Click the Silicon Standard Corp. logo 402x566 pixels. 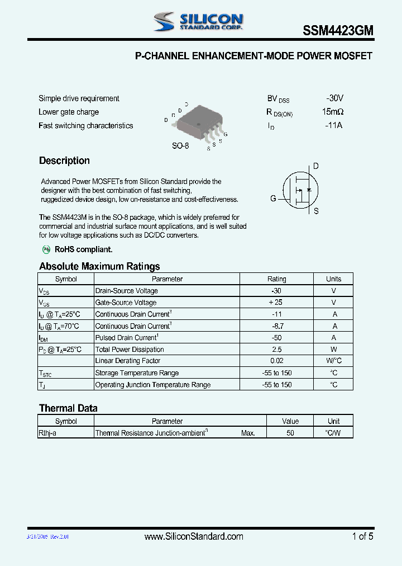coord(198,22)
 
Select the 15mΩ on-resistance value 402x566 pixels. coord(333,112)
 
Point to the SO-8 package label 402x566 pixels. coord(180,145)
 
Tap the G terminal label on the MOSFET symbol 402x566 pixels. coord(273,199)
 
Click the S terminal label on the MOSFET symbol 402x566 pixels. coord(316,211)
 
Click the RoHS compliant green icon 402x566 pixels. coord(47,249)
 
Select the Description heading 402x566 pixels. coord(64,161)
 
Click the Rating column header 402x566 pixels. coord(276,279)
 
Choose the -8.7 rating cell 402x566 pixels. coord(276,326)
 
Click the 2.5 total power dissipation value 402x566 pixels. coord(276,350)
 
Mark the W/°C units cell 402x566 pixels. coord(334,361)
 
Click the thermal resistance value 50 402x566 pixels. coord(290,433)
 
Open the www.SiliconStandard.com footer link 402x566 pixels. coord(194,536)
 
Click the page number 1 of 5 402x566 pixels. coord(362,536)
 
